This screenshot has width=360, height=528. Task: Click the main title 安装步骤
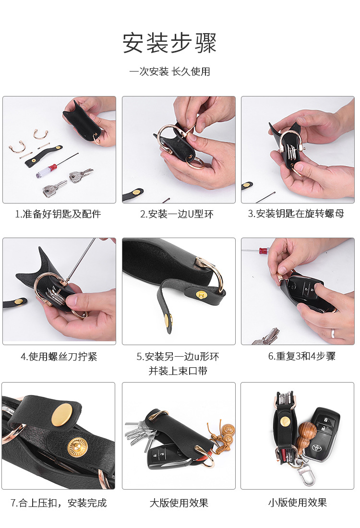click(169, 43)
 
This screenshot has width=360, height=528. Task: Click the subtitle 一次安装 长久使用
click(170, 72)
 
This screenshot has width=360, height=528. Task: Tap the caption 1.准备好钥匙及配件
click(58, 214)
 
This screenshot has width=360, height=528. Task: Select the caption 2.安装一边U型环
click(177, 214)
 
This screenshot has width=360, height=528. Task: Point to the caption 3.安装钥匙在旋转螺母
click(296, 214)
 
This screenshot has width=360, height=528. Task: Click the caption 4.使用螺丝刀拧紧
click(59, 357)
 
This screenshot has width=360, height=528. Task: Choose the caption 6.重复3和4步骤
click(302, 356)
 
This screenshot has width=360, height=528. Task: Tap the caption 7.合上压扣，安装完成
click(59, 503)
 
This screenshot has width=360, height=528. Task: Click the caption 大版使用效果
click(179, 503)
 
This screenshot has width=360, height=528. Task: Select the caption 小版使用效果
click(298, 503)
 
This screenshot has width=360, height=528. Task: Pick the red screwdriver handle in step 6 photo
click(263, 251)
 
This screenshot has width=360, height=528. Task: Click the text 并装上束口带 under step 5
click(178, 371)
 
